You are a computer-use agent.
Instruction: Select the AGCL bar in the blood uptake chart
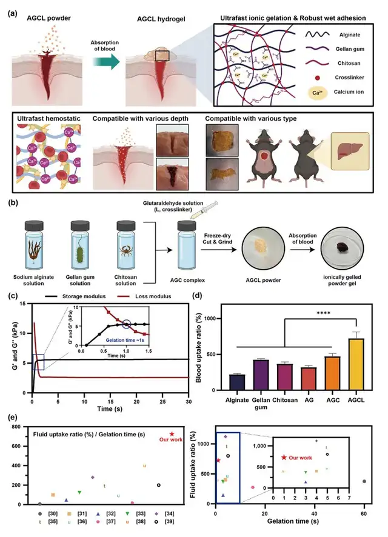click(356, 364)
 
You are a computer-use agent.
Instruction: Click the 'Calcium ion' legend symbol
click(323, 92)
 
